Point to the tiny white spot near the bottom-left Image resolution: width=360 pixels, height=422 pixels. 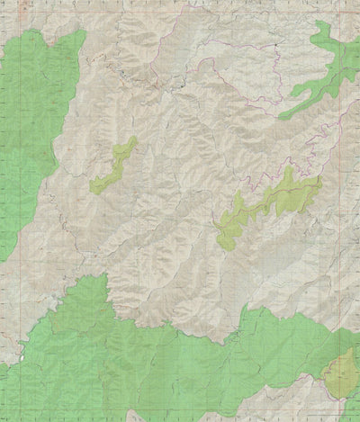click(x=56, y=306)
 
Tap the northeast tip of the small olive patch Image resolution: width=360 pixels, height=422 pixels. click(x=135, y=139)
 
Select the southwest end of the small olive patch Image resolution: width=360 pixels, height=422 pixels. click(x=93, y=190)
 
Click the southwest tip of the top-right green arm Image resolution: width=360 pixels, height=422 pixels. click(x=281, y=117)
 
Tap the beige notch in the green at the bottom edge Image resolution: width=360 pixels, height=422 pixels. click(x=135, y=416)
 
